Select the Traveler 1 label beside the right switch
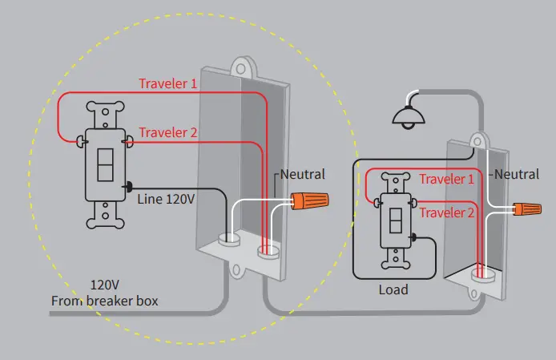coord(447,180)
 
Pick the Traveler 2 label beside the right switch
coord(447,212)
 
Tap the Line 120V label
coord(166,197)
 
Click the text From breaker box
coord(104,301)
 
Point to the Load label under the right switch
coord(393,289)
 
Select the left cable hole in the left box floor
coord(230,238)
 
